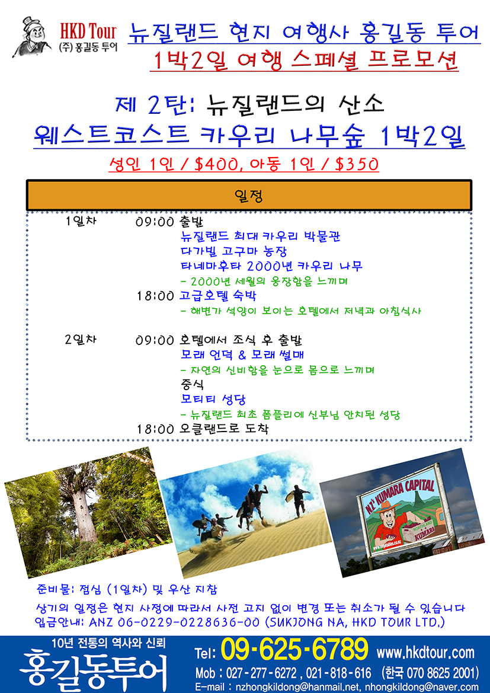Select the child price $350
click(357, 164)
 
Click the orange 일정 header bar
click(249, 195)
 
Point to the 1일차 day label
click(81, 222)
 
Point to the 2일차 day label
click(81, 340)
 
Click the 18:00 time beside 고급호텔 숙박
click(155, 296)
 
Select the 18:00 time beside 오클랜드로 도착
click(155, 429)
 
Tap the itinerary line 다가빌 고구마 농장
click(233, 251)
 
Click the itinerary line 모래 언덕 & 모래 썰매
click(242, 355)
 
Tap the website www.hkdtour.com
click(425, 652)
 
